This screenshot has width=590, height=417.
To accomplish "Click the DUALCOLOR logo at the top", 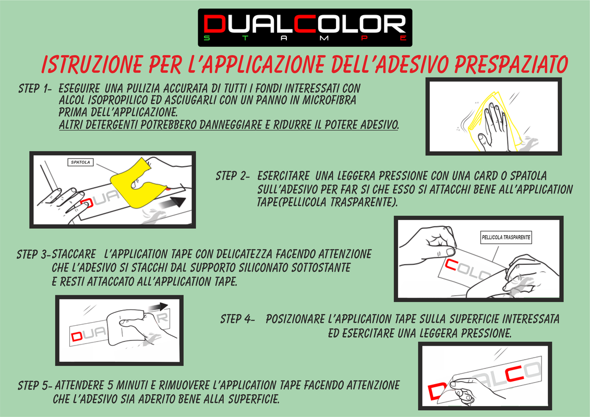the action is pyautogui.click(x=305, y=28).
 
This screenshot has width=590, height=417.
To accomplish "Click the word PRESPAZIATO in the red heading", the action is pyautogui.click(x=511, y=64).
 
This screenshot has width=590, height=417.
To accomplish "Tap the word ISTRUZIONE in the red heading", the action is pyautogui.click(x=92, y=64).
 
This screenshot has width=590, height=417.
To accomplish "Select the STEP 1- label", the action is pyautogui.click(x=34, y=89).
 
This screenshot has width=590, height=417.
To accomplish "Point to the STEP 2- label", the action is pyautogui.click(x=233, y=176).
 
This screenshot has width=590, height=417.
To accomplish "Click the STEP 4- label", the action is pyautogui.click(x=237, y=319).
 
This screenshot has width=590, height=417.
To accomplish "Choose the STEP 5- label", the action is pyautogui.click(x=35, y=385).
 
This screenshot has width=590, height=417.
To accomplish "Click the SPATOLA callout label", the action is pyautogui.click(x=80, y=162).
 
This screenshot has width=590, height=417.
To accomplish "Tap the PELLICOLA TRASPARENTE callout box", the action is pyautogui.click(x=506, y=237).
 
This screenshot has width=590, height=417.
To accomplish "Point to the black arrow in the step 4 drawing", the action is pyautogui.click(x=158, y=307).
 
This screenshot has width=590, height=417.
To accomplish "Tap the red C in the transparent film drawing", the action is pyautogui.click(x=452, y=265).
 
